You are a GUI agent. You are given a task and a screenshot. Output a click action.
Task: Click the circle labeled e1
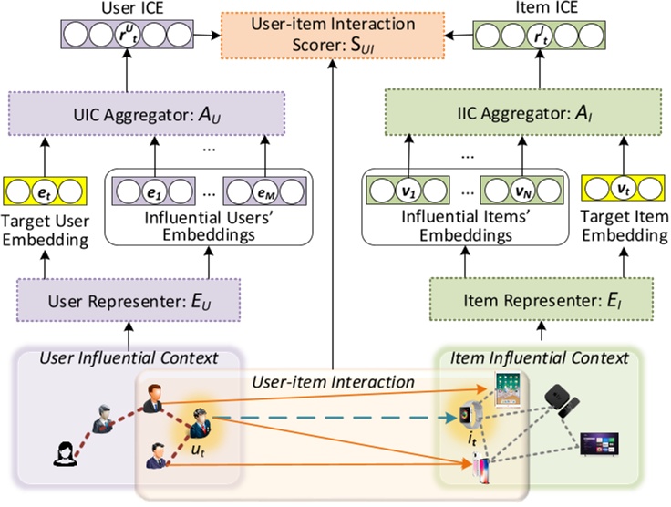coord(153,193)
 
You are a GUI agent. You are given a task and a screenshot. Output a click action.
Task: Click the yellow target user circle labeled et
coord(40,193)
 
